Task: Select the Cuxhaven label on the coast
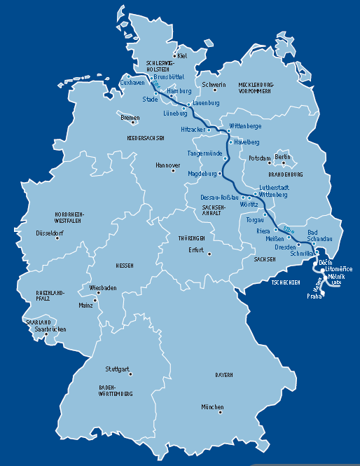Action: coord(132,83)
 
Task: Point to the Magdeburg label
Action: coord(203,173)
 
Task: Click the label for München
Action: coord(212,407)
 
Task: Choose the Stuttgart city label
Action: coord(117,369)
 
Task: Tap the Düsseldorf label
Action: coord(50,233)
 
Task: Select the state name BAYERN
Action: coord(223,376)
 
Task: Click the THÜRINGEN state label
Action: coord(191,239)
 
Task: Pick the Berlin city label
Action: coord(282,158)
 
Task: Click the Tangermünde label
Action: coord(205,153)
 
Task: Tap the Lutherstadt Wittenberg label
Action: coord(273,191)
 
